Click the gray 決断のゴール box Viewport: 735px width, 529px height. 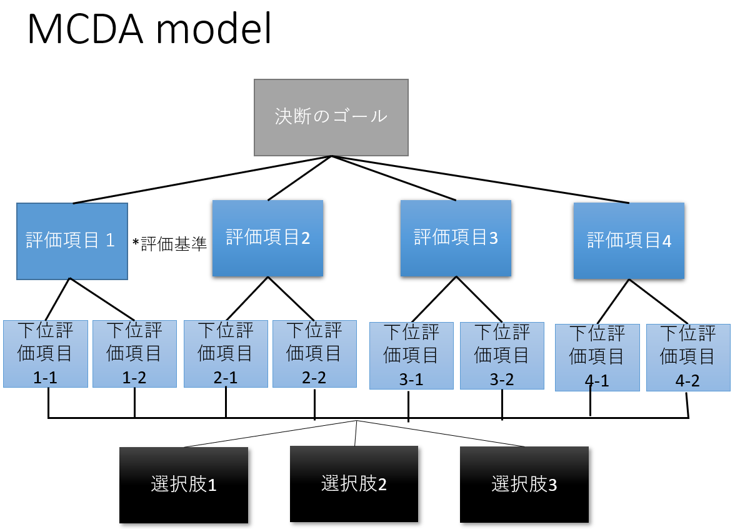point(331,117)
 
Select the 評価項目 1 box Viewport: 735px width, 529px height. point(72,241)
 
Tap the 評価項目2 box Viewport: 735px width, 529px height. point(267,238)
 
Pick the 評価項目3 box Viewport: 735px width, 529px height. point(456,238)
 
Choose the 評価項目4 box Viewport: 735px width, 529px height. point(629,241)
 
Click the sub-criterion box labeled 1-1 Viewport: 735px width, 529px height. point(45,354)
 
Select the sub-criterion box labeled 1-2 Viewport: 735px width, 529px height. point(134,354)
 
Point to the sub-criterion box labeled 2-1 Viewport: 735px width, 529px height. point(226,354)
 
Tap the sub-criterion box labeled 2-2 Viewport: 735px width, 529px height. point(314,354)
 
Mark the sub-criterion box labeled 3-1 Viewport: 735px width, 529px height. point(411,356)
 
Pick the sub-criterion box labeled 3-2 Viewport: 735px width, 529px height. point(502,356)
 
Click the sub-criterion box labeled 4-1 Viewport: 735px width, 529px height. point(597,358)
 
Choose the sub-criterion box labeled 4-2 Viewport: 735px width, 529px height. point(688,358)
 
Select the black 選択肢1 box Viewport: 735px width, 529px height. point(184,485)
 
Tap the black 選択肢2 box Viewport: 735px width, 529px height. point(354,483)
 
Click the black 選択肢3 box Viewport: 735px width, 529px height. point(524,485)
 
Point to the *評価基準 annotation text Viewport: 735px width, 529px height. point(169,244)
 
